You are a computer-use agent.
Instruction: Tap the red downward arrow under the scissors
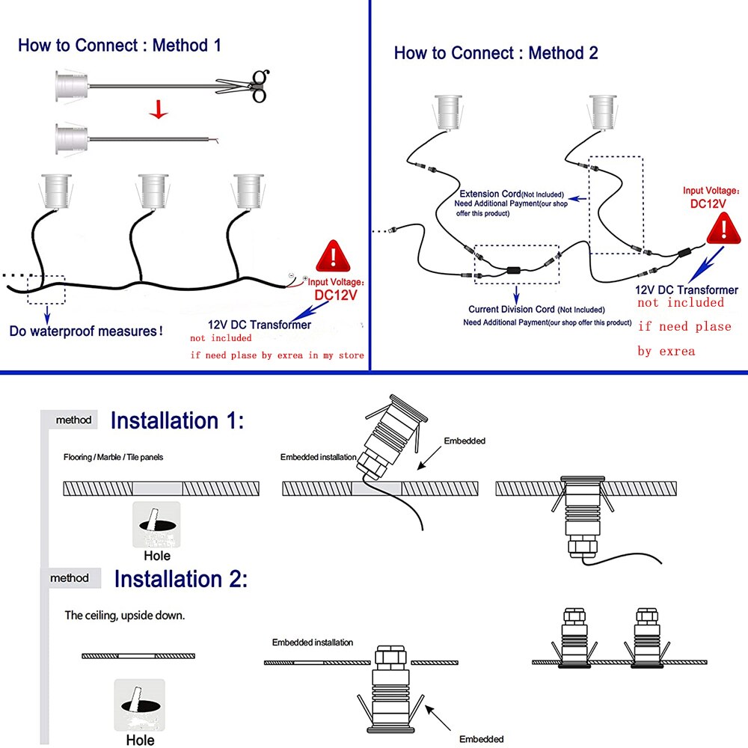coord(158,111)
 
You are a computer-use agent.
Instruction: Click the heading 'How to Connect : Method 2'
coord(496,53)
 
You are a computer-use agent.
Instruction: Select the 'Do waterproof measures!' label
coord(86,330)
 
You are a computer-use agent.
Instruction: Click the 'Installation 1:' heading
coord(177,420)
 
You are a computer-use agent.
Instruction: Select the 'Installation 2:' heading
coord(180,579)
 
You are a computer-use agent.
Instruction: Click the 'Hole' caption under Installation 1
coord(157,555)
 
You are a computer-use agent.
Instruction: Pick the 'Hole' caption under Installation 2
coord(141,740)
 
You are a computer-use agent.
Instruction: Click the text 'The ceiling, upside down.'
coord(124,616)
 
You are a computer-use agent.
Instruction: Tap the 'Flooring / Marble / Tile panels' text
coord(113,456)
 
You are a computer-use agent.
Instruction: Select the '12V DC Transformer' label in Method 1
coord(260,325)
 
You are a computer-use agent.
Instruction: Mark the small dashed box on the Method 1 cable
coord(46,289)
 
